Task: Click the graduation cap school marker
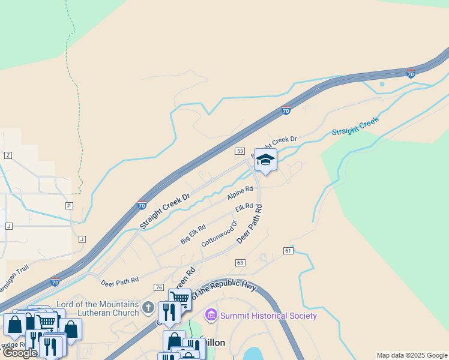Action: coord(265,160)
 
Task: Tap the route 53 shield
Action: coord(240,151)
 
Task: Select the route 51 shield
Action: coord(289,250)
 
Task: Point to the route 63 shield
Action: coord(240,263)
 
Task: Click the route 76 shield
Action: coord(158,288)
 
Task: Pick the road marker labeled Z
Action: coord(8,155)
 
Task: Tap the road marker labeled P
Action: coord(69,205)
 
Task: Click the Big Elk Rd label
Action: coord(193,234)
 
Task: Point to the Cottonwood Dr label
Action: coord(220,233)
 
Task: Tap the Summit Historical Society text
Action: coord(268,316)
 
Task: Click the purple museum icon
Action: coord(211,315)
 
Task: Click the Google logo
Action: coord(20,353)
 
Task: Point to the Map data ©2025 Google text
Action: coord(412,355)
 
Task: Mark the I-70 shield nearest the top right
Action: coord(410,74)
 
